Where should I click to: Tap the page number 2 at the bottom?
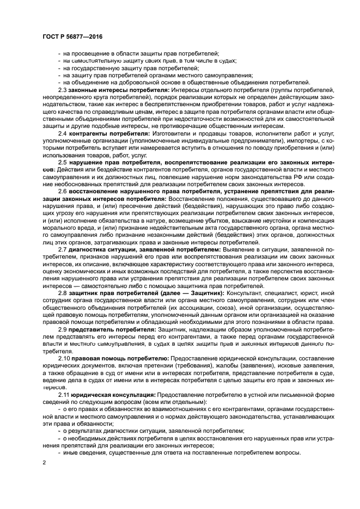click(44, 462)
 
